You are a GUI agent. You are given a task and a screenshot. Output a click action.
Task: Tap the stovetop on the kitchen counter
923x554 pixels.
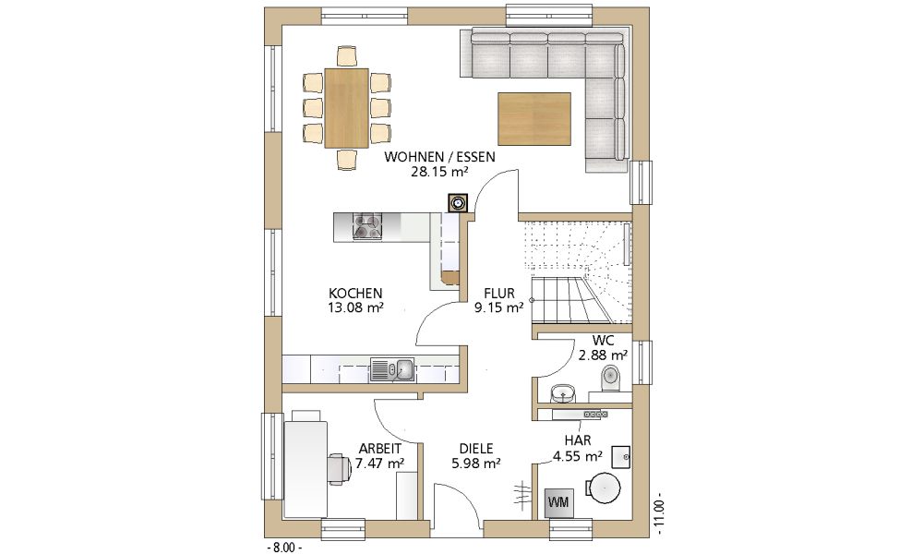point(366,227)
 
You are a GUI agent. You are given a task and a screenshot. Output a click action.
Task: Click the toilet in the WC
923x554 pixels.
point(611,378)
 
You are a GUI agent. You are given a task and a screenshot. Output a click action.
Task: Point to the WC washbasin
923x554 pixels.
point(563,393)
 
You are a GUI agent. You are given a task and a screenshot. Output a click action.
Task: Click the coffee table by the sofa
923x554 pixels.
point(534,118)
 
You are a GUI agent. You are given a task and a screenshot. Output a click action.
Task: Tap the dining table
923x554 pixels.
point(347,108)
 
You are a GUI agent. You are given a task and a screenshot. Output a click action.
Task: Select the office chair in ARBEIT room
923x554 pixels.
point(339,469)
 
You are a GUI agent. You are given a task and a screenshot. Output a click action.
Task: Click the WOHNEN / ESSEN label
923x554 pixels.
point(439,157)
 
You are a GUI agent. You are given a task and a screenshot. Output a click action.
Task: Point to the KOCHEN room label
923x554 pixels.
point(355,294)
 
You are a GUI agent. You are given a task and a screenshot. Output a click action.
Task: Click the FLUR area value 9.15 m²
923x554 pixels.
point(499,307)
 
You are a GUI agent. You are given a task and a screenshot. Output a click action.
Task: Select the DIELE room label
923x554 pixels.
point(476,450)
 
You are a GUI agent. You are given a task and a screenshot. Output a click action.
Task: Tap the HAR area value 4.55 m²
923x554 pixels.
point(578,455)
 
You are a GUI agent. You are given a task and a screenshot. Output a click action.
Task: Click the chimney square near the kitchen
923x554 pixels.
point(458,203)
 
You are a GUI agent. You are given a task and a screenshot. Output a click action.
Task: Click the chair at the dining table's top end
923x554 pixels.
point(347,56)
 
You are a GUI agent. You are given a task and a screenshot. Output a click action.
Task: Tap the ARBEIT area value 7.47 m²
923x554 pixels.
point(379,464)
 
